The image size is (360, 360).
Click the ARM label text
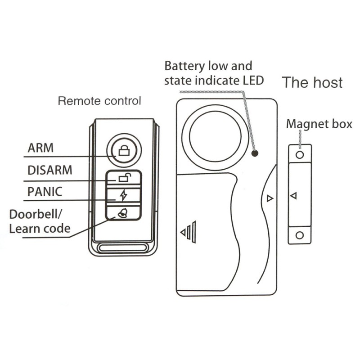click(x=40, y=148)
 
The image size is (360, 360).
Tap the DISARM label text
click(x=50, y=170)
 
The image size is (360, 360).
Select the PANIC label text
click(x=45, y=192)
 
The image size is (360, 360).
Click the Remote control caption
click(x=99, y=101)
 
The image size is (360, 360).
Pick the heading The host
click(x=312, y=82)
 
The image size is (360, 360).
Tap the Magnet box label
click(x=319, y=124)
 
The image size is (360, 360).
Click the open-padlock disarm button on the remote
click(x=124, y=178)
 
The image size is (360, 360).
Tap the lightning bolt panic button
click(x=123, y=195)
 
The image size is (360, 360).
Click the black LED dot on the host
click(x=255, y=153)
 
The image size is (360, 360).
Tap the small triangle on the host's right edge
click(x=269, y=198)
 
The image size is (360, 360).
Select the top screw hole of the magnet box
click(x=300, y=155)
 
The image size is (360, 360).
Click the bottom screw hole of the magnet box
click(x=300, y=235)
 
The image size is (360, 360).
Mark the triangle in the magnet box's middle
click(x=293, y=196)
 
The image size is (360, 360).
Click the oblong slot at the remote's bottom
click(x=124, y=247)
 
